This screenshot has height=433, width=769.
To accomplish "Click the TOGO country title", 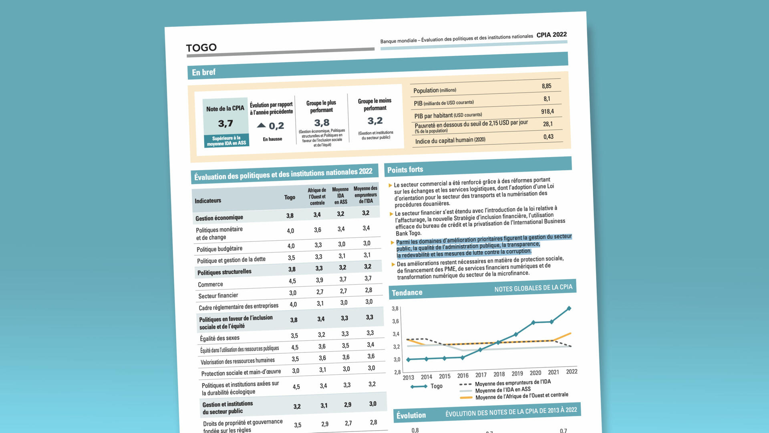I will click(x=201, y=48).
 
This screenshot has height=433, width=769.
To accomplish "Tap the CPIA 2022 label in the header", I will click(x=552, y=35).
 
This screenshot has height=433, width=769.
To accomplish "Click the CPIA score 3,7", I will click(x=225, y=124).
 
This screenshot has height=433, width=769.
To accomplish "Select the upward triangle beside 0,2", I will click(x=261, y=125).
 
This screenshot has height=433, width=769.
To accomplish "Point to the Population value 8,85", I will click(x=546, y=86).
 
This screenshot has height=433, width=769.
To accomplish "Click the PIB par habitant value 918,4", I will click(x=547, y=111).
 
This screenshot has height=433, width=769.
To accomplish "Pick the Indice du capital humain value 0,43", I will click(x=548, y=137).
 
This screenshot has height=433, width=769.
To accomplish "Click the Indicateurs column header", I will click(x=208, y=201).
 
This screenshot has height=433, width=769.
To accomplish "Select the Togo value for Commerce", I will click(x=292, y=281).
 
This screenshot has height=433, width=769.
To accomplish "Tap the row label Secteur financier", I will click(x=218, y=296).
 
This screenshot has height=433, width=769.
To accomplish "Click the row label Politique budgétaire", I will click(x=219, y=249).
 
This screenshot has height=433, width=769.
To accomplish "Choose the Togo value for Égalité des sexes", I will click(x=294, y=336).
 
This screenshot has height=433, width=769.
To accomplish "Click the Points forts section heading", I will click(x=405, y=170).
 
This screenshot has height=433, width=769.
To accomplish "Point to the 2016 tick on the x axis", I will click(x=463, y=376).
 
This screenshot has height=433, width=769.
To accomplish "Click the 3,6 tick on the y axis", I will click(x=395, y=321).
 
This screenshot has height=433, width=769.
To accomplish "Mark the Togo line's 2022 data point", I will click(x=569, y=308).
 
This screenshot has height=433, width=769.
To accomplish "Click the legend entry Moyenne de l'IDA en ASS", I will click(x=503, y=390).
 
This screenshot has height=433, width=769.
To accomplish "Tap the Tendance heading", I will click(x=407, y=293).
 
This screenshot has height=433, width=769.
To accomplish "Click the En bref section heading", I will click(x=203, y=73).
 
